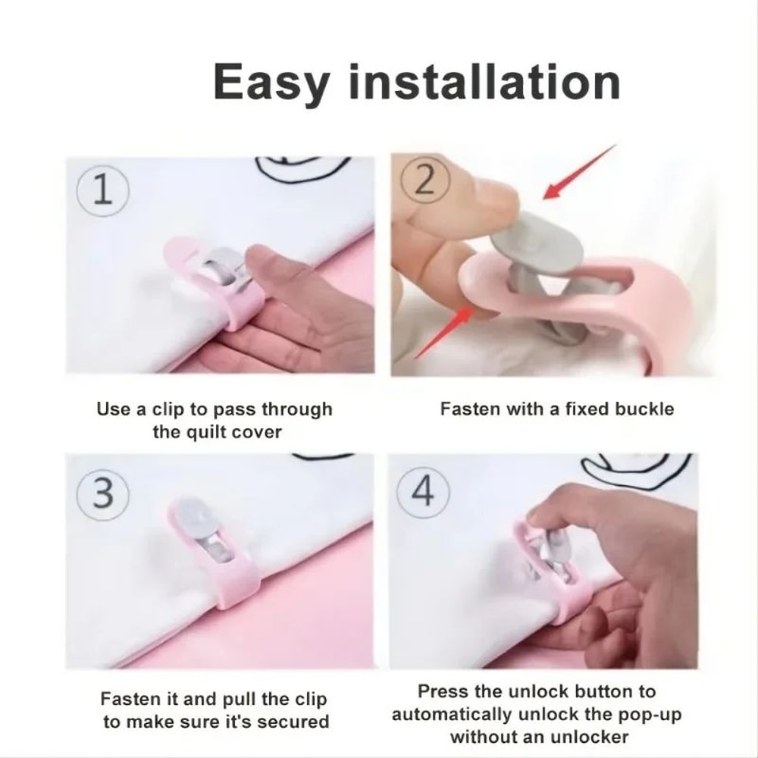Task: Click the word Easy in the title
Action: (x=271, y=83)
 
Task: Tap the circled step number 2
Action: (x=424, y=183)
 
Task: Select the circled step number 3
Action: (x=105, y=493)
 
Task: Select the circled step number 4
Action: (x=423, y=492)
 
